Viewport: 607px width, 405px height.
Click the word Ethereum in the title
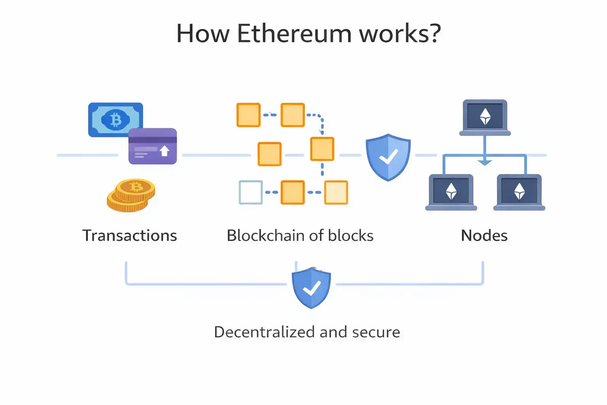tap(294, 34)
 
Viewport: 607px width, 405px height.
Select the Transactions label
tap(130, 236)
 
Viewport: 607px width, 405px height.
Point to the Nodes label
tap(484, 236)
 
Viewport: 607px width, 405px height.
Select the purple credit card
tap(153, 146)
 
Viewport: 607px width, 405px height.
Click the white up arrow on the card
tap(164, 150)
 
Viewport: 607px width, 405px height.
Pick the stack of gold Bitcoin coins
tap(131, 195)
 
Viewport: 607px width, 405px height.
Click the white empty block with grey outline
tap(251, 192)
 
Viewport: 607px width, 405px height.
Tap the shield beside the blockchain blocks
tap(388, 157)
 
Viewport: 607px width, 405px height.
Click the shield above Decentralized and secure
tap(311, 288)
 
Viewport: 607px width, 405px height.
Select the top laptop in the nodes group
tap(485, 117)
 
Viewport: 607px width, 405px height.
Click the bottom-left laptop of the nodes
tap(451, 192)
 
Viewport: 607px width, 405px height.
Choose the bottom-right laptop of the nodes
tap(519, 192)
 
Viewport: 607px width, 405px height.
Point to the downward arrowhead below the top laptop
tap(485, 162)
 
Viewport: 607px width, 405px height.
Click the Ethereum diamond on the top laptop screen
tap(485, 116)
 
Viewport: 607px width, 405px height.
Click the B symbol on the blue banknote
tap(116, 119)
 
